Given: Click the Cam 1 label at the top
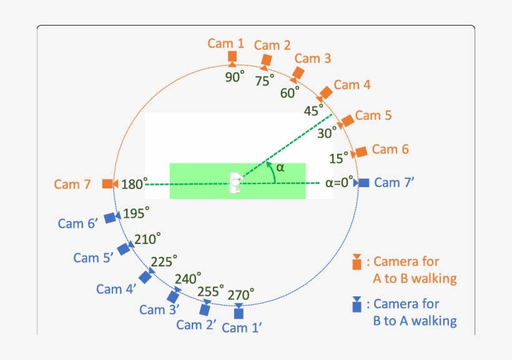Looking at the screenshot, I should click(x=225, y=43).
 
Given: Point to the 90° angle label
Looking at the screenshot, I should click(x=234, y=77).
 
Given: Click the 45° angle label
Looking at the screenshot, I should click(x=313, y=110).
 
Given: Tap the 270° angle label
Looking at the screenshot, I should click(x=241, y=294).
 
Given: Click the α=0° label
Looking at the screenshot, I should click(x=339, y=183).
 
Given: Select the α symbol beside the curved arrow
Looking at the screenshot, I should click(x=280, y=167).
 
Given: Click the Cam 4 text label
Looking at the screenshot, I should click(x=352, y=85).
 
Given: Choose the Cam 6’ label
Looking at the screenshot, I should click(x=77, y=223).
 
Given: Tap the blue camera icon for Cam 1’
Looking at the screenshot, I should click(x=239, y=311).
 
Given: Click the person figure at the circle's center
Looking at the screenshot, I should click(x=236, y=183).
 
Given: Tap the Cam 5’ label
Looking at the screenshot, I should click(x=93, y=258).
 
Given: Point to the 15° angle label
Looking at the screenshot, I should click(x=339, y=158).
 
